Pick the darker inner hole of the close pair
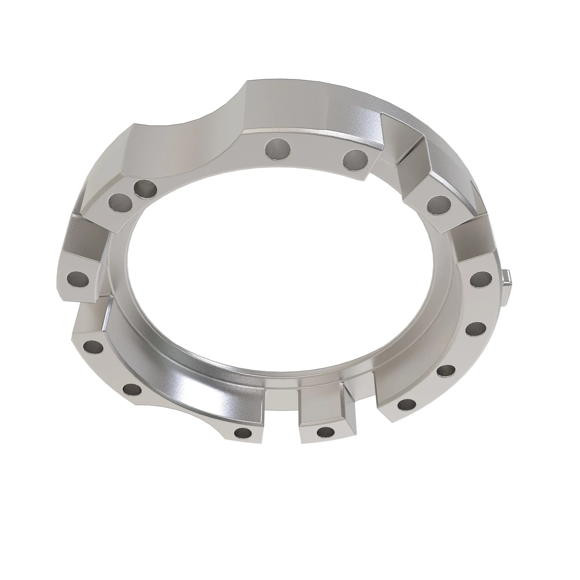(145, 189)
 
